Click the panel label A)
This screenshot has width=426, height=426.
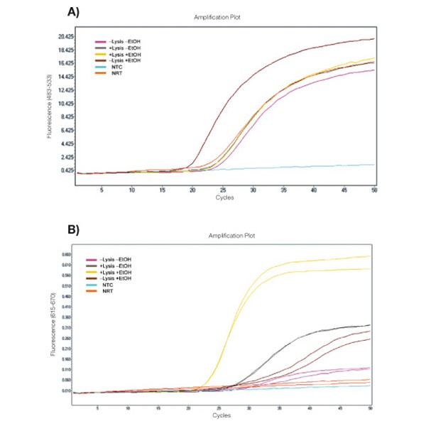pyautogui.click(x=72, y=12)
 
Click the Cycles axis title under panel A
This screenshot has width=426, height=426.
pyautogui.click(x=224, y=197)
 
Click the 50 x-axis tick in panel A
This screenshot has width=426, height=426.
pyautogui.click(x=374, y=190)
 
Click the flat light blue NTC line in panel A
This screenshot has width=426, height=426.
pyautogui.click(x=284, y=167)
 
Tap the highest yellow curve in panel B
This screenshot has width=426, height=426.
pyautogui.click(x=319, y=259)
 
